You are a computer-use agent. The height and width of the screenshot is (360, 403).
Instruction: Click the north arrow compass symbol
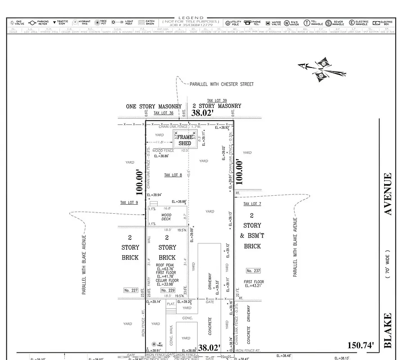coord(323,70)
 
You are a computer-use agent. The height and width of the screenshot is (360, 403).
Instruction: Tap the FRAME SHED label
coord(185,140)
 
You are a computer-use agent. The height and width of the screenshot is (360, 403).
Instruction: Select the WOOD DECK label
coord(166,218)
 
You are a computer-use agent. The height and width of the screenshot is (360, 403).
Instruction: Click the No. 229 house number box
coord(168,290)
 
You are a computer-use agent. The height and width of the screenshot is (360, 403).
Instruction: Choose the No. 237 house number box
coord(253,270)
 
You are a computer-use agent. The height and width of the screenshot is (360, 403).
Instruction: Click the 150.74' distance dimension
coord(361,345)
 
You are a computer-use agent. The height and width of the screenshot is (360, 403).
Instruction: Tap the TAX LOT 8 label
coord(173,175)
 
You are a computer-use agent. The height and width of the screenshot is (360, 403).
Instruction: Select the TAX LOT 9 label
coord(129,202)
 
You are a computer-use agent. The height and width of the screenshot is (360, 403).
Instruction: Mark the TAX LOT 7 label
coord(253,204)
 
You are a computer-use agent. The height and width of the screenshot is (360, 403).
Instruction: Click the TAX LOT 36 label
coord(163,113)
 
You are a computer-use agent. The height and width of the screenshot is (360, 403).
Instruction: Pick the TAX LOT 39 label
coord(217,100)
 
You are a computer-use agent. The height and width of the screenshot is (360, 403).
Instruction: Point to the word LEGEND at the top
coord(191,18)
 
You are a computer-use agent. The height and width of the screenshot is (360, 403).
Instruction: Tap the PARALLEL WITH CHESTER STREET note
coord(222,84)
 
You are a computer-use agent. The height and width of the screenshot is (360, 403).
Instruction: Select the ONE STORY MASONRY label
coord(154,107)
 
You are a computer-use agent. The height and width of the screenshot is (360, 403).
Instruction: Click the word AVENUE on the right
coord(388,194)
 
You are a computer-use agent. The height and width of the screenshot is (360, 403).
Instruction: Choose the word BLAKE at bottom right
coord(388,332)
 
